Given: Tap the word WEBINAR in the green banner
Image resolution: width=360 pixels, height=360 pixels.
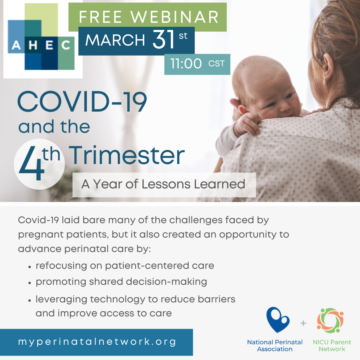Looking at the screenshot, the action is click(175, 17).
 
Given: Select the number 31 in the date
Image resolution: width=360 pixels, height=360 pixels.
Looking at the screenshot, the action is click(164, 40).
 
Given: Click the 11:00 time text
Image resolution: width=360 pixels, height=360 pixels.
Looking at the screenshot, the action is click(186, 64).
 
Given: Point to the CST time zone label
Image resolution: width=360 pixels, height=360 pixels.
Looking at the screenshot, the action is click(216, 64).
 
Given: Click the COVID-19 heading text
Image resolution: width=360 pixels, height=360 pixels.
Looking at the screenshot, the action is click(82, 102).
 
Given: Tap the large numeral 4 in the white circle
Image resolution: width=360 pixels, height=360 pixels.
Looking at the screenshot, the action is click(32, 164).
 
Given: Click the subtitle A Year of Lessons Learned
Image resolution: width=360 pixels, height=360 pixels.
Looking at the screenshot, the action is click(163, 184).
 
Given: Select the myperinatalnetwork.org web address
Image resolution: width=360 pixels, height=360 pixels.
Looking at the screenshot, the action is click(97, 342).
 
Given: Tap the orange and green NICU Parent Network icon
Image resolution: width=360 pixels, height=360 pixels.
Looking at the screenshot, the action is click(330, 320).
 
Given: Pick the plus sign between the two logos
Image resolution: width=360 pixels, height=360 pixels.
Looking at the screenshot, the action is click(303, 323).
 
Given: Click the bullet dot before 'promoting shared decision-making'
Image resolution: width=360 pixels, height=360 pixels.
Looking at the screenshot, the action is click(30, 283).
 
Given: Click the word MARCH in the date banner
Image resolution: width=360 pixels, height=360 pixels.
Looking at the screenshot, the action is click(115, 40).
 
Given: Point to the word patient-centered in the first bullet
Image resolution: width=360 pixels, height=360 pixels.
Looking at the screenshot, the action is click(147, 266).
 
